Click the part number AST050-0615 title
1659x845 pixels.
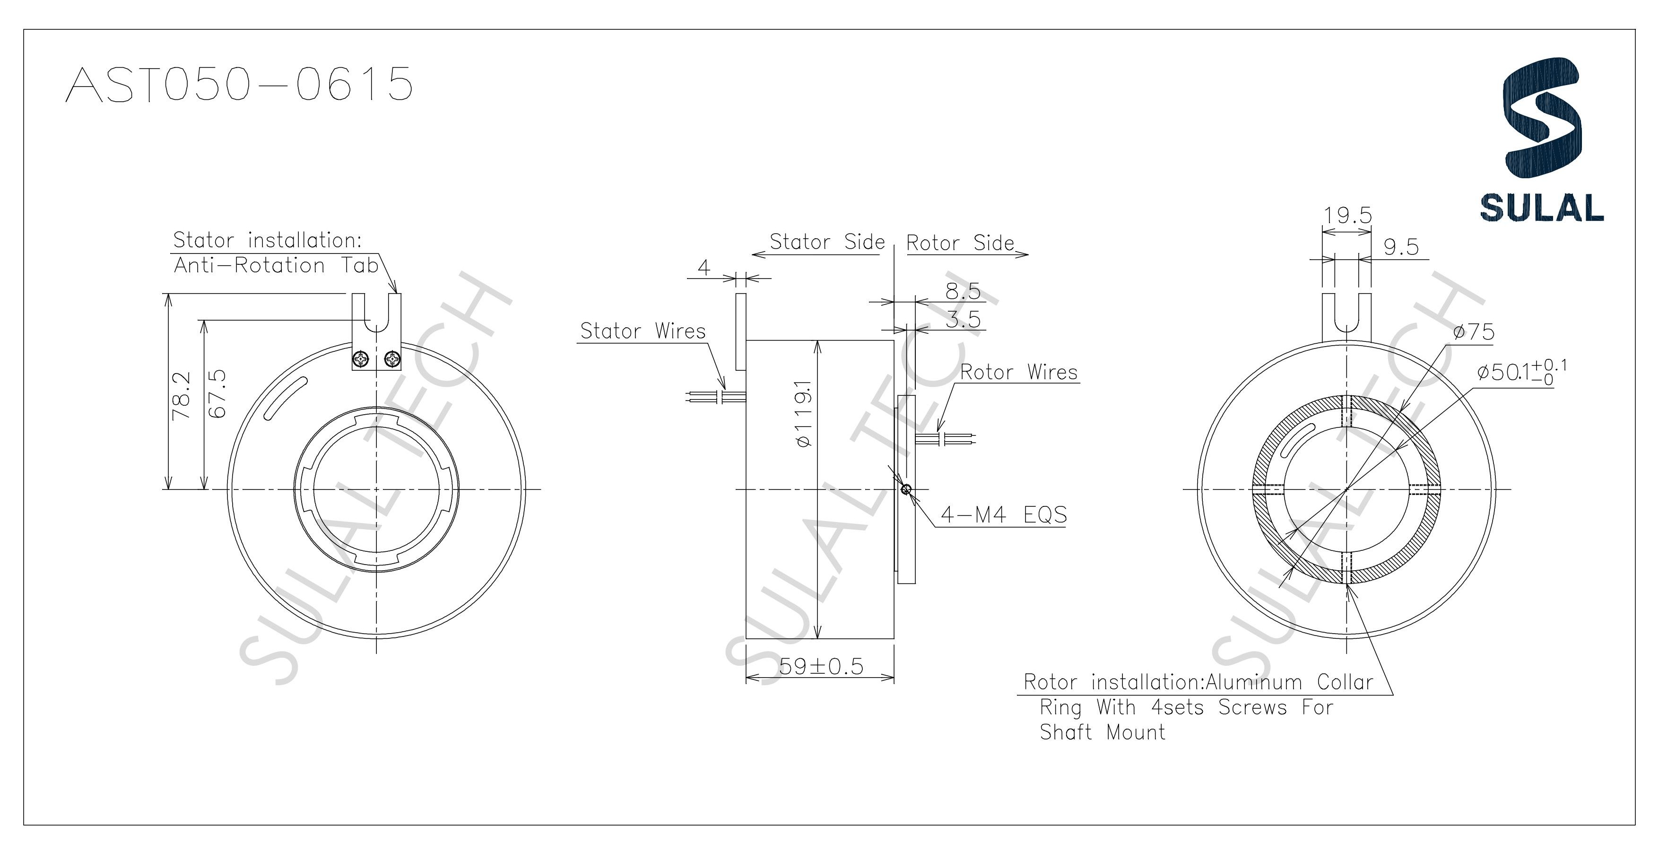pos(239,84)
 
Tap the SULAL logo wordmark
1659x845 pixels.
pos(1541,208)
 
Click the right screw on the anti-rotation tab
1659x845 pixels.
pos(391,359)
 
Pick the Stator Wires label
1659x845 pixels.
pos(643,331)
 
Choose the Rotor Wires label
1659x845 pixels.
pos(1018,372)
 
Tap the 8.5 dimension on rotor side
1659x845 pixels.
pos(962,292)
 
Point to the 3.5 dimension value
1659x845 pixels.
pos(962,320)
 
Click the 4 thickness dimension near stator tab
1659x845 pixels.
pos(704,267)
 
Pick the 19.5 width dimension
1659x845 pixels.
pos(1347,215)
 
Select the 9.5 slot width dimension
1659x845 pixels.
pos(1401,247)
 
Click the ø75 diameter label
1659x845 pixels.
pos(1474,332)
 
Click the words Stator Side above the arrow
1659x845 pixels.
pos(827,242)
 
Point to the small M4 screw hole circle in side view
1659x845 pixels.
pos(906,489)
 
